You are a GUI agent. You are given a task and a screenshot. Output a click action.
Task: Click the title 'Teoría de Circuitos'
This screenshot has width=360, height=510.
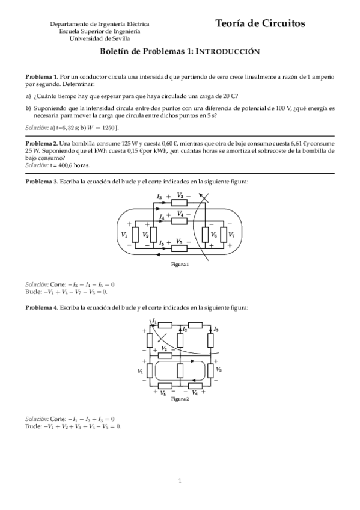pos(260,23)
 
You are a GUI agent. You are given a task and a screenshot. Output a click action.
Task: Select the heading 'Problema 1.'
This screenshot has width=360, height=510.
pos(41,78)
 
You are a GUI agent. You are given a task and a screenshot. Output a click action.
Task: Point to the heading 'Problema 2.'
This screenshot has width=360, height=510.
pos(41,143)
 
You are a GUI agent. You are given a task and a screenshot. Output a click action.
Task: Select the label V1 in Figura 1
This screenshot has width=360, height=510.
pos(124,234)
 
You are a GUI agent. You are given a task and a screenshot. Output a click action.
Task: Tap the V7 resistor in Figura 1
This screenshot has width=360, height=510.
pos(223,234)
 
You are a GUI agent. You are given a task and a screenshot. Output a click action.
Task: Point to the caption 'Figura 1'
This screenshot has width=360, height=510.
pos(180,265)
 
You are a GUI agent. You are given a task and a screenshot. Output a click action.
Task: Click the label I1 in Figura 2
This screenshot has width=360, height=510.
pos(155,321)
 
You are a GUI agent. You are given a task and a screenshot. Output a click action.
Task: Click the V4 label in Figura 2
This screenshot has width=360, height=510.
pos(195,393)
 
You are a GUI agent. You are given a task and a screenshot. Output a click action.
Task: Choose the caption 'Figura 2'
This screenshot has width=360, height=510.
pos(180,399)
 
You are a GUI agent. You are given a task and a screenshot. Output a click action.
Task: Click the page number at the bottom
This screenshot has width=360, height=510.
pos(180,481)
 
